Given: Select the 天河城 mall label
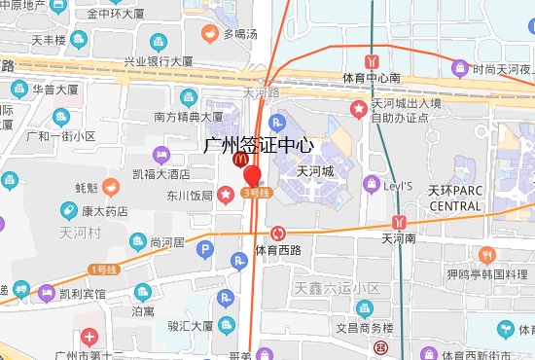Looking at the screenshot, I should point(315,171).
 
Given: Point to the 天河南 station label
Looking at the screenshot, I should point(399,237).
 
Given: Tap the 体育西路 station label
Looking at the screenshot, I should point(278,250).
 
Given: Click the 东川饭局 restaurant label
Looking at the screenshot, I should point(189,195).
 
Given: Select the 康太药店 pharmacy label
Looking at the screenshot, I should point(105,211).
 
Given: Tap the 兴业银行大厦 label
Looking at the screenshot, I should point(158,61).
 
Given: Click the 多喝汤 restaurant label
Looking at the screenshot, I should point(239,34).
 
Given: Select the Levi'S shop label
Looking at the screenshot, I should point(396,185).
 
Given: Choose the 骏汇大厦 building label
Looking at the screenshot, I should point(191,326).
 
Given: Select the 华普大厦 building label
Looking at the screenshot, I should point(55,90).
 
